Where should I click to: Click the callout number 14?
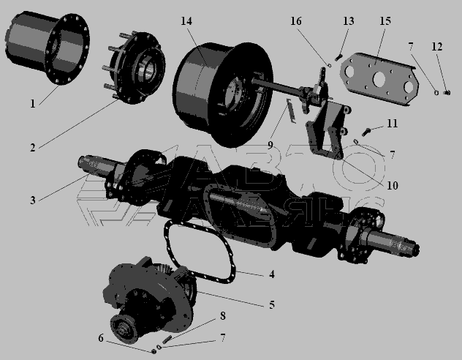click(x=186, y=21)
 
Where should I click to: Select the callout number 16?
click(x=296, y=21)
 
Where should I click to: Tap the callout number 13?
click(x=348, y=21)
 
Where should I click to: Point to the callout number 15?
click(x=385, y=21)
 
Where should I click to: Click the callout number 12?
click(x=437, y=47)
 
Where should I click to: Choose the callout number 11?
click(x=392, y=123)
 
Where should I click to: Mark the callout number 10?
click(x=392, y=185)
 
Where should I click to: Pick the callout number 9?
click(x=270, y=145)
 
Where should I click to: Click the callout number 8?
click(x=223, y=316)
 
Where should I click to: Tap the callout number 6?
click(x=101, y=338)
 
